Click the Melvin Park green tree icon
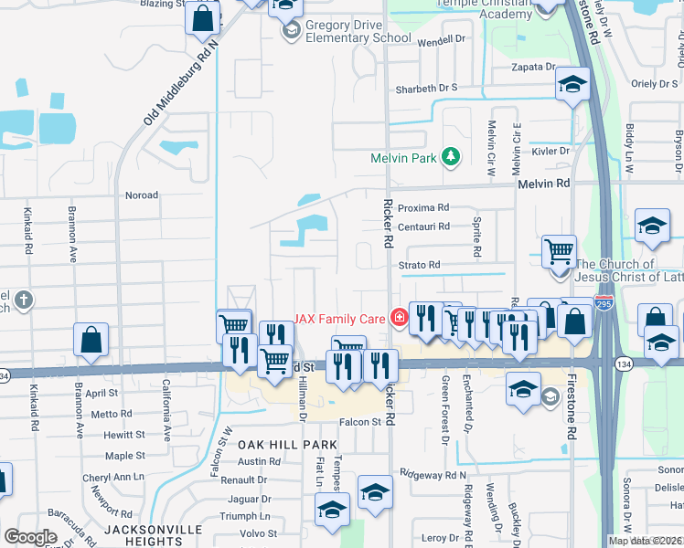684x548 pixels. coord(450,157)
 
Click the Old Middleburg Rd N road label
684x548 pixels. coord(184,82)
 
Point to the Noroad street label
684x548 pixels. coord(141,195)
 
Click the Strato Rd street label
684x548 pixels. coord(419,265)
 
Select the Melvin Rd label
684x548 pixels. coord(543,184)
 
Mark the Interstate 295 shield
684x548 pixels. coord(604,301)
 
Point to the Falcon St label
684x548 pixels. coord(359,422)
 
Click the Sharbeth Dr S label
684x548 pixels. coord(425,89)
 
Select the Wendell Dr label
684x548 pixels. coord(442,41)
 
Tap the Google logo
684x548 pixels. coord(30,537)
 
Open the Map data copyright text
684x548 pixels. coord(645,541)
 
